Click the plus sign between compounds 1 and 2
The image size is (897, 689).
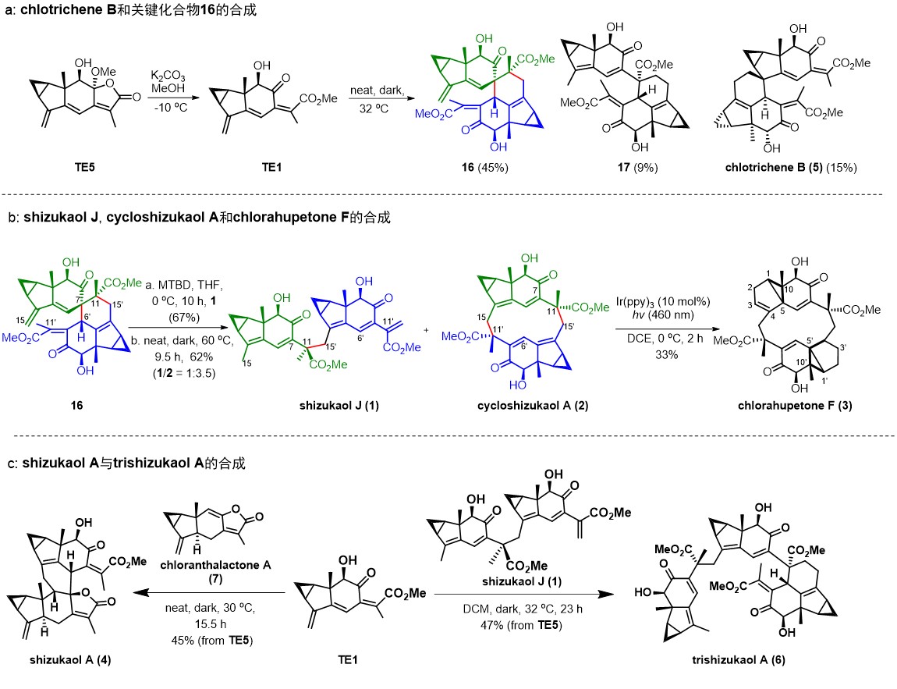pos(424,330)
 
